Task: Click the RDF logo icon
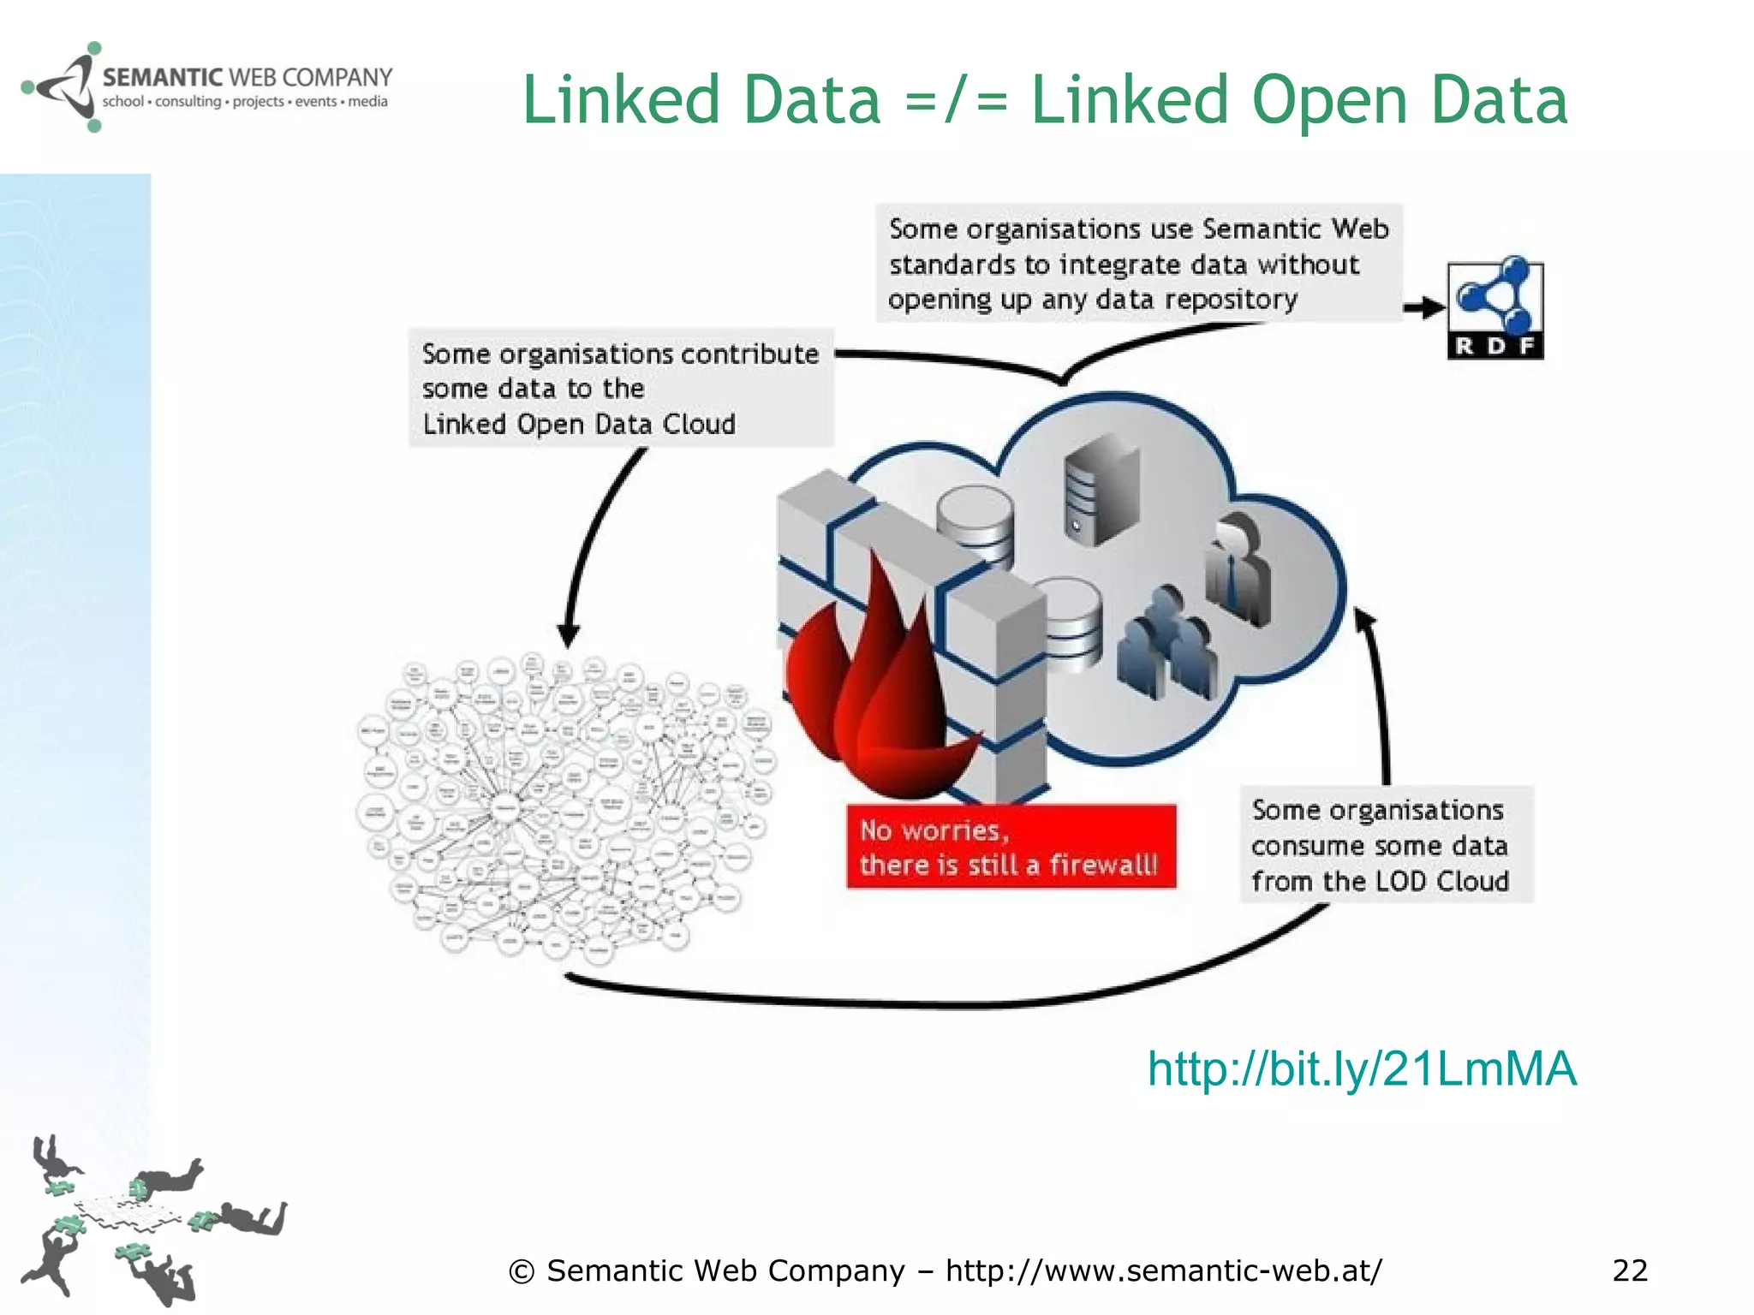pyautogui.click(x=1495, y=309)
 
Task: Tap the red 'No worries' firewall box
pyautogui.click(x=1011, y=846)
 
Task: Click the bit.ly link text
pyautogui.click(x=1361, y=1068)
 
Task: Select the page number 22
pyautogui.click(x=1629, y=1270)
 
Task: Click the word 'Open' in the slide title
pyautogui.click(x=1328, y=100)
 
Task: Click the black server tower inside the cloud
pyautogui.click(x=1101, y=489)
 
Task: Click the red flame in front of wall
pyautogui.click(x=874, y=685)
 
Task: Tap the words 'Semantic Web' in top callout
pyautogui.click(x=1295, y=229)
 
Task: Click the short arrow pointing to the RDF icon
pyautogui.click(x=1423, y=307)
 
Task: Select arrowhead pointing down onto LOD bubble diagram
pyautogui.click(x=569, y=635)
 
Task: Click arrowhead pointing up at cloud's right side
pyautogui.click(x=1364, y=620)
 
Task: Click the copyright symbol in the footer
pyautogui.click(x=521, y=1272)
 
